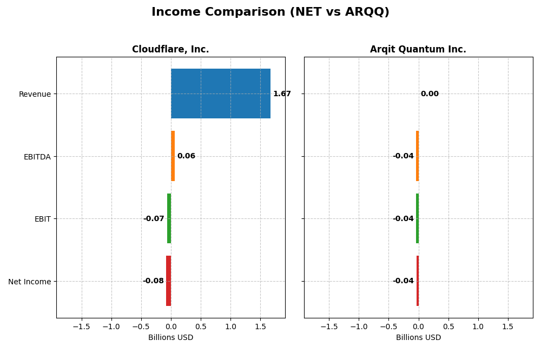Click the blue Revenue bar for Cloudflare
coord(221,94)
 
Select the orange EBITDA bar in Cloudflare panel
coord(173,156)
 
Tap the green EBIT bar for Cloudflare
coord(169,218)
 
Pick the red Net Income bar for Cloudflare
coord(168,281)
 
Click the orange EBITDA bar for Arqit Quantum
coord(417,156)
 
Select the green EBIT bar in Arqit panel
coord(417,218)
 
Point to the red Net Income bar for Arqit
coord(417,281)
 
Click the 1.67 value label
coord(282,94)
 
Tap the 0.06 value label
coord(186,156)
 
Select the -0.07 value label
coord(154,219)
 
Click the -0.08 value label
coord(153,281)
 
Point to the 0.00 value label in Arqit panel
coord(430,94)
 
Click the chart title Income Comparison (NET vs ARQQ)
coord(270,12)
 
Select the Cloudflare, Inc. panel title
coord(170,50)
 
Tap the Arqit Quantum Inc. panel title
coord(418,50)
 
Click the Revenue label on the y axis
coord(35,95)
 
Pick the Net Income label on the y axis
coord(30,282)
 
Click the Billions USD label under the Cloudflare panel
coord(170,338)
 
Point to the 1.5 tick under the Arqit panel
coord(507,327)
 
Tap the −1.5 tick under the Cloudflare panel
coord(81,327)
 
